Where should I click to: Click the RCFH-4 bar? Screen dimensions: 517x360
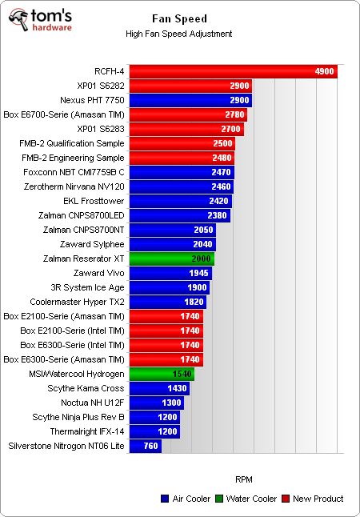coord(232,71)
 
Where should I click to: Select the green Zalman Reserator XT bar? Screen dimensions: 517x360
coord(171,258)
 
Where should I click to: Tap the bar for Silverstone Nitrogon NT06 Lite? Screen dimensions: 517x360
coord(145,446)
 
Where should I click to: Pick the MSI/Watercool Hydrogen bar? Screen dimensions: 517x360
coord(161,374)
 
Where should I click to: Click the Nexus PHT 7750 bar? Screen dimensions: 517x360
coord(190,100)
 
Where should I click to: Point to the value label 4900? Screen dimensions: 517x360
coord(324,71)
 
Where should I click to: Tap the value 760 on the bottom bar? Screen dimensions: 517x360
coord(150,446)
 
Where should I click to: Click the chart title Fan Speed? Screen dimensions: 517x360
coord(179,18)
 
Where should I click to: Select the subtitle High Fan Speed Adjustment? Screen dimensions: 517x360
coord(179,34)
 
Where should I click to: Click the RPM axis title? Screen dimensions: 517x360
coord(244,479)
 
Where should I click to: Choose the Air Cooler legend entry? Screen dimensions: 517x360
coord(184,499)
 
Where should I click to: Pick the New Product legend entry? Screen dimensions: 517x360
coord(314,499)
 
